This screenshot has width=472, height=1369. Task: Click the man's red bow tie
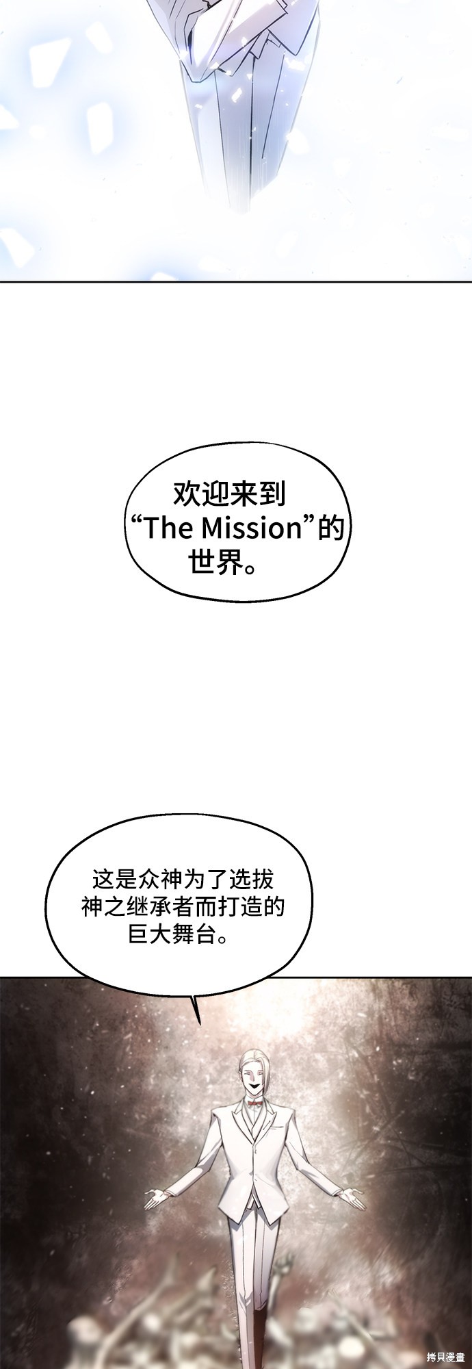(255, 1099)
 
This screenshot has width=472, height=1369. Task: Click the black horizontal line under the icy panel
(236, 281)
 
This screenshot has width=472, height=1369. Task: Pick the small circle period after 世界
(250, 568)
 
